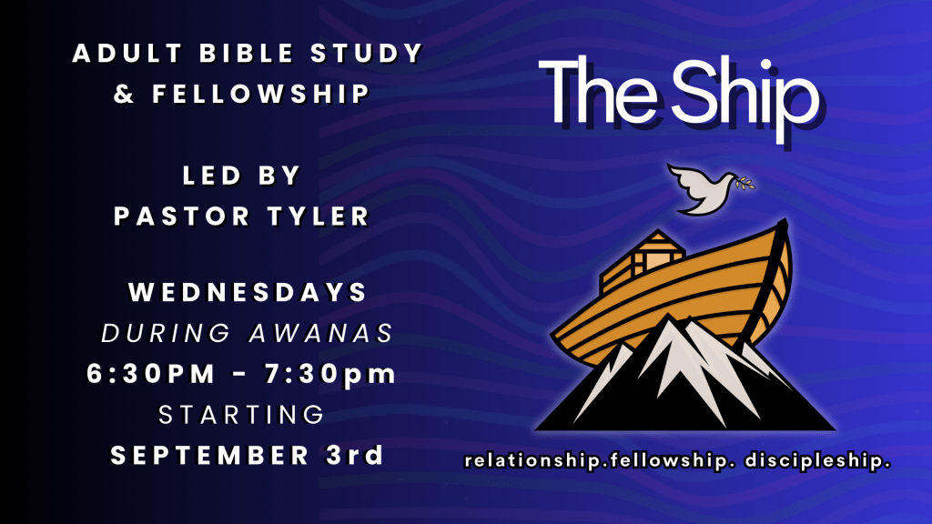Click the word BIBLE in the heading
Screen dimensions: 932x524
[247, 54]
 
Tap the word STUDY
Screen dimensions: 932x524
[367, 54]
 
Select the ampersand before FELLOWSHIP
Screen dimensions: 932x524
[124, 94]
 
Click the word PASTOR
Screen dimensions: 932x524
[182, 217]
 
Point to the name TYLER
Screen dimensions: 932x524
[319, 217]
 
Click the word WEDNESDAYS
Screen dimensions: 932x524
[248, 292]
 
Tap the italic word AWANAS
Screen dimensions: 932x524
[321, 333]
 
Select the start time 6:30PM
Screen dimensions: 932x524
[150, 374]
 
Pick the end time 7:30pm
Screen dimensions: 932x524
[330, 374]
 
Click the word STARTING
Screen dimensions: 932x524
[241, 415]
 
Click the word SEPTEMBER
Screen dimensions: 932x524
[210, 456]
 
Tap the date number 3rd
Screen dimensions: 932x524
[354, 455]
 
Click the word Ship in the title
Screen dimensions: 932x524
[745, 98]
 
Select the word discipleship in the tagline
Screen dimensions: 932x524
[817, 461]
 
